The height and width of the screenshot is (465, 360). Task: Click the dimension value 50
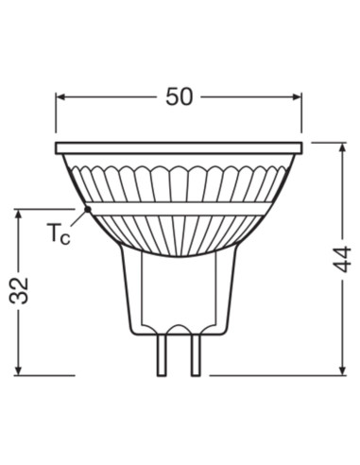pos(180,95)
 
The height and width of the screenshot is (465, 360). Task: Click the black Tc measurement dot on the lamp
pos(88,209)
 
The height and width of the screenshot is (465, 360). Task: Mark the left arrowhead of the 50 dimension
pos(60,95)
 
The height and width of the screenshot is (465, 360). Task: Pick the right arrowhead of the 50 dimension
pos(298,95)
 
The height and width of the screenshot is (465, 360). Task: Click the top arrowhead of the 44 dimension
pos(340,147)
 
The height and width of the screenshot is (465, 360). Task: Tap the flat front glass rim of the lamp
pos(180,148)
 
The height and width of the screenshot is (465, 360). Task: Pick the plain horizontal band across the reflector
pos(180,208)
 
